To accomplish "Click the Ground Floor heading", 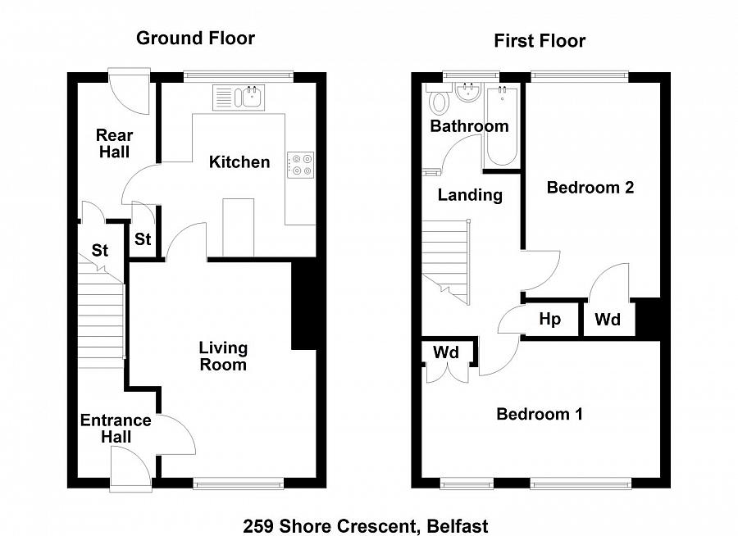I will [x=195, y=38].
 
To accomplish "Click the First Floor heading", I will [x=540, y=41].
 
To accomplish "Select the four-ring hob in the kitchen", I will [x=299, y=164].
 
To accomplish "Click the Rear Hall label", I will [x=114, y=143].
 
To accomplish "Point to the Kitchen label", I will [x=239, y=162].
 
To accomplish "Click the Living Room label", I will [x=223, y=357].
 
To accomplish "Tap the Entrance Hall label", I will [x=116, y=429].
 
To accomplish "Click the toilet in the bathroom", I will [x=440, y=102].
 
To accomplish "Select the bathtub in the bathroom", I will [x=500, y=128].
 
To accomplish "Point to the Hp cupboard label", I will [x=549, y=319].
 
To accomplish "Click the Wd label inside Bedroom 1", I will [x=446, y=353].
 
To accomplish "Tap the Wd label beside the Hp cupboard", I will [x=608, y=320].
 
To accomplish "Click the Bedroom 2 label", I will [x=590, y=188].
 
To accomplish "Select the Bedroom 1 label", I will [x=540, y=414].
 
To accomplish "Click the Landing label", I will [x=470, y=195].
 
